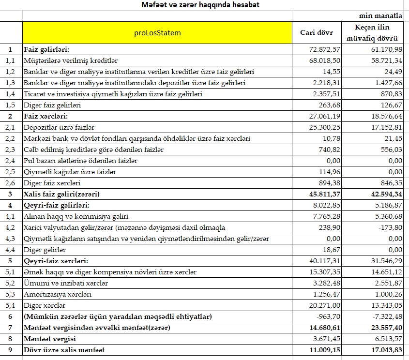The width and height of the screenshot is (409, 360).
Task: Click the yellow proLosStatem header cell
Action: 157,33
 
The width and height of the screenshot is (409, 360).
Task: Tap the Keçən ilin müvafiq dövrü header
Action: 373,32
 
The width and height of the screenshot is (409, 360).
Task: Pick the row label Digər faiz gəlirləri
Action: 52,105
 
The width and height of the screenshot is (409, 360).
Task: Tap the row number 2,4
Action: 11,161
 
